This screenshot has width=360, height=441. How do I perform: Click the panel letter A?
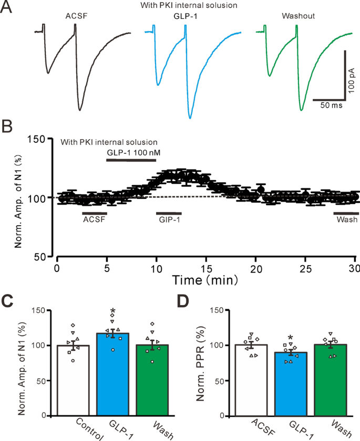8,9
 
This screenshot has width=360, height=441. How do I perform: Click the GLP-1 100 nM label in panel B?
130,152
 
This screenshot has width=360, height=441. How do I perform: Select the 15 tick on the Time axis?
207,268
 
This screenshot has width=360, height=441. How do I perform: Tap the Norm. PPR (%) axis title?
201,362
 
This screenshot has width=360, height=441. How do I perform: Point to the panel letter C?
8,301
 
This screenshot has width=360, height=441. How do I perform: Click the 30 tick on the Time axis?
356,268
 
